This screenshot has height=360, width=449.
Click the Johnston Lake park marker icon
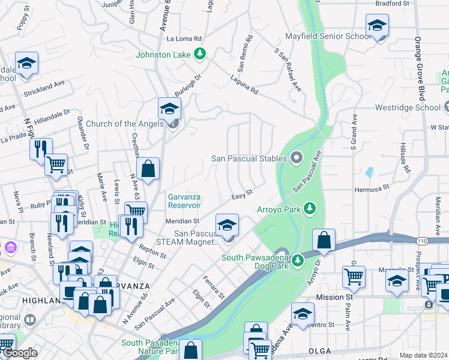tap(200, 55)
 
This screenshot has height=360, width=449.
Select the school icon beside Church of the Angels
tap(169, 108)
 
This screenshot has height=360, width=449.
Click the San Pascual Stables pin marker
tap(295, 158)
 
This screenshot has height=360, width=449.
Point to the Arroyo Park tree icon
tap(310, 208)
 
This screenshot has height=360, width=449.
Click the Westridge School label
tap(408, 109)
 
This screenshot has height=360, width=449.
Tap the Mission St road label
tap(334, 297)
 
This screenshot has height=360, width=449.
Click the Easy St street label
tap(243, 196)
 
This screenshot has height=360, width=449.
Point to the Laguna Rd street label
tap(244, 86)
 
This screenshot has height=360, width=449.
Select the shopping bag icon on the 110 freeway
tap(324, 240)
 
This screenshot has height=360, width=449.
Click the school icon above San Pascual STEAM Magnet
tap(227, 225)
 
